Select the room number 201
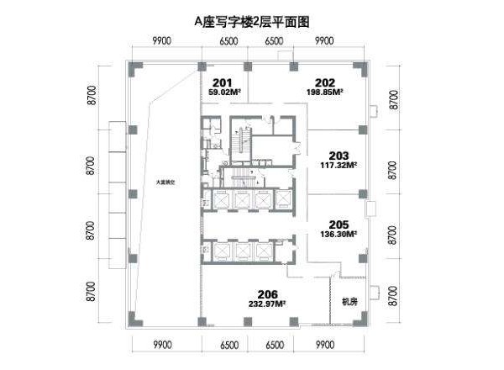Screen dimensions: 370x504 coord(222,82)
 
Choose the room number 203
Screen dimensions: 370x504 coord(339,155)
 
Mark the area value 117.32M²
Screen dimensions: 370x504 coord(339,165)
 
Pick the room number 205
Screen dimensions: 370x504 coord(339,225)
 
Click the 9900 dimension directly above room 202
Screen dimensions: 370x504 coord(324,40)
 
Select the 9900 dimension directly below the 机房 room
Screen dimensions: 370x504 coord(324,345)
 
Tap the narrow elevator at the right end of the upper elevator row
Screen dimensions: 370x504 coord(285,200)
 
